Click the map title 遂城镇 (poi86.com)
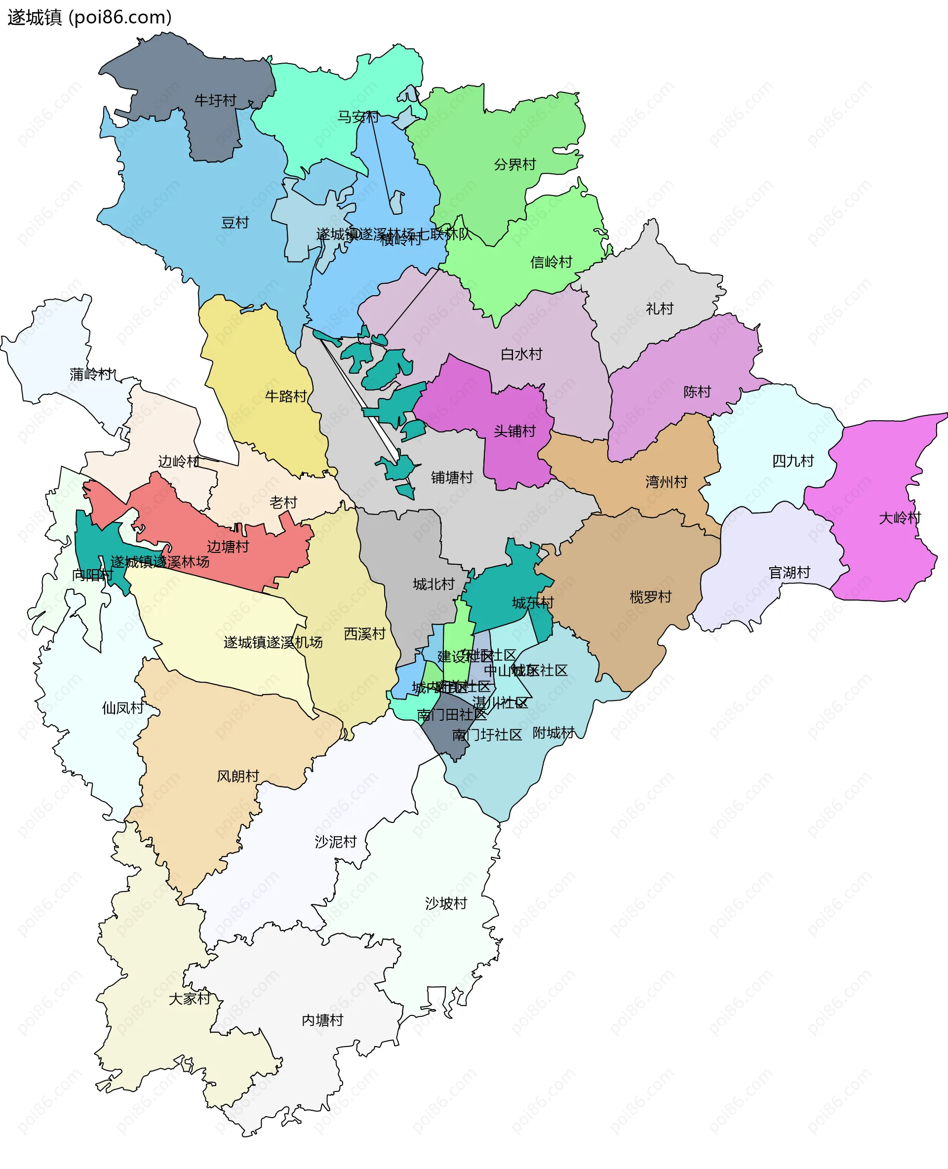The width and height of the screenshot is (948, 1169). [89, 17]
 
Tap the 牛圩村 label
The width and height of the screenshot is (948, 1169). [215, 101]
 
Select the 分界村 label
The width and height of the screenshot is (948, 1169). [514, 164]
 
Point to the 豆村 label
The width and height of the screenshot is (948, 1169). [235, 223]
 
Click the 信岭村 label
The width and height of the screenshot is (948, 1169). [551, 262]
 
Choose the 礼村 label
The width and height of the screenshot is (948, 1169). [659, 309]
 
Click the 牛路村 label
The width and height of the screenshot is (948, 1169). [285, 396]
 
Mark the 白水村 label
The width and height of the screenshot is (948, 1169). [521, 354]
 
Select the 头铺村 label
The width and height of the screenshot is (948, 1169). [514, 431]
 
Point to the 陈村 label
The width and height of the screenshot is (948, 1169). [697, 392]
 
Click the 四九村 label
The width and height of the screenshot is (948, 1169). [792, 462]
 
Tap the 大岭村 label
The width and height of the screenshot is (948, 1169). [900, 518]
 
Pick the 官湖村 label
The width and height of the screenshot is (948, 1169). [789, 573]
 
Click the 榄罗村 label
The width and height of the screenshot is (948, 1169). [650, 597]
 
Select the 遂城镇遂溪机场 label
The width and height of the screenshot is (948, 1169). [273, 642]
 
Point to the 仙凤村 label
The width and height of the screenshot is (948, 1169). [123, 708]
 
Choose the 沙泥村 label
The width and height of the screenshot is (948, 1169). [335, 842]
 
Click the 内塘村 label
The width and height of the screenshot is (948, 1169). [322, 1020]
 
